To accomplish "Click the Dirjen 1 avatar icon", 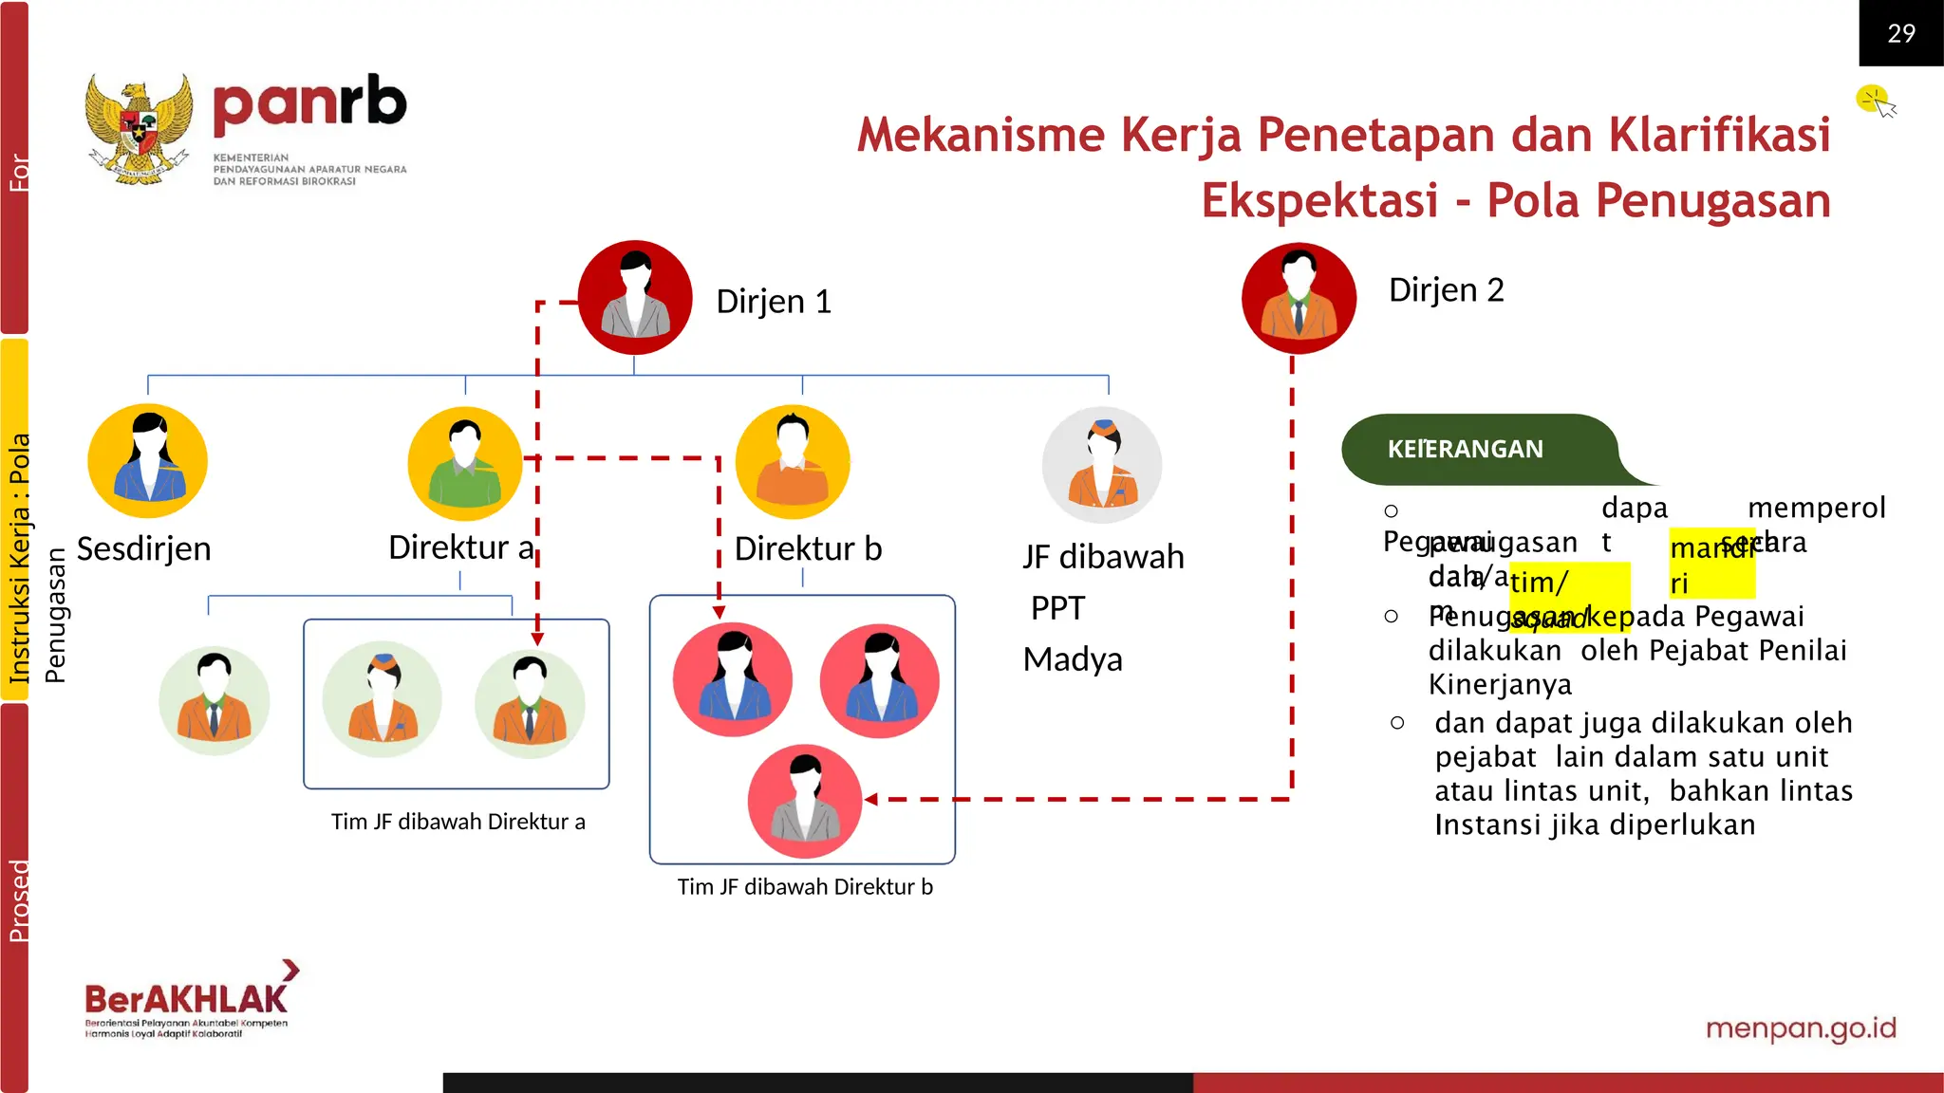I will coord(635,297).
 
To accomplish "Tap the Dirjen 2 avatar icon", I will coord(1299,298).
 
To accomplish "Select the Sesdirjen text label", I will coord(143,548).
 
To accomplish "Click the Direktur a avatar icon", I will coord(465,463).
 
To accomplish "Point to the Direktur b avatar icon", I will coord(794,462).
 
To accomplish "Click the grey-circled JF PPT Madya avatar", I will coord(1102,465).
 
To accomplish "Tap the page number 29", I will coord(1900,33).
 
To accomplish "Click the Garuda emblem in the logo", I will coord(139,129).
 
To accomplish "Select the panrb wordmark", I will coord(309,103).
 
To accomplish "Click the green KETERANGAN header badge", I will coord(1466,449).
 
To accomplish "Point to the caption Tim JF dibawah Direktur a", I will coord(458,822).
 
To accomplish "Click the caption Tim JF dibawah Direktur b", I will coord(805,887).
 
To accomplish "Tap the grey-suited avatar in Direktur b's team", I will coord(805,802).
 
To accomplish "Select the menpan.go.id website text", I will coord(1801,1028).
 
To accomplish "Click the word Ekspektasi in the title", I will coord(1319,201).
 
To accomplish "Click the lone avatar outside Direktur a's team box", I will coord(215,701).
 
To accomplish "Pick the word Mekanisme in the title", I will coord(981,135).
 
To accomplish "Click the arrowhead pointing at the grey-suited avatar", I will coord(870,800).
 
